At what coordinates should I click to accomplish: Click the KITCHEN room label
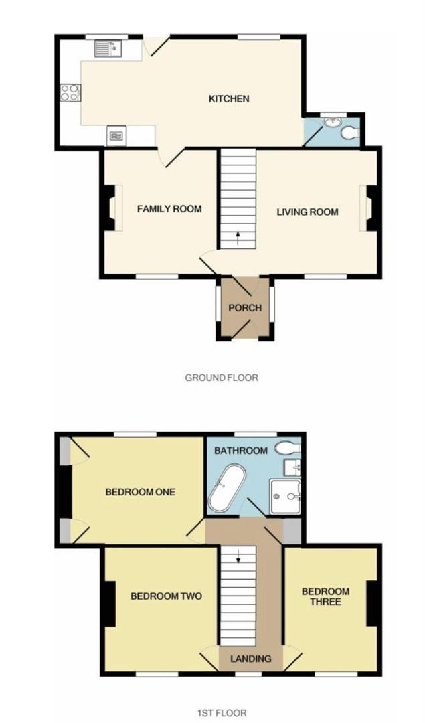click(x=229, y=99)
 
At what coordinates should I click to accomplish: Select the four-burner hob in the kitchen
click(x=70, y=92)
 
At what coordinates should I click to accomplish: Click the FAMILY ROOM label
click(x=169, y=209)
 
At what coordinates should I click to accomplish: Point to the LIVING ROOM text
click(x=308, y=212)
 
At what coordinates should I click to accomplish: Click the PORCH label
click(x=244, y=308)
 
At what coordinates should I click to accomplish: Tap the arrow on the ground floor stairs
click(x=238, y=237)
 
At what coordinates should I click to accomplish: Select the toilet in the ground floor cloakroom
click(x=349, y=133)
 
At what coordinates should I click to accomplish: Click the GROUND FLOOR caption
click(x=222, y=378)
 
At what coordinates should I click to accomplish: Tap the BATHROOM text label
click(x=241, y=451)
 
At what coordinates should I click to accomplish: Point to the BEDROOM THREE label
click(x=325, y=596)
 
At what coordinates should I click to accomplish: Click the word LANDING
click(x=251, y=659)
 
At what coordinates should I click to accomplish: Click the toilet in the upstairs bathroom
click(x=290, y=447)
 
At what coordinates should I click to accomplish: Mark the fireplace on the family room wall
click(x=109, y=209)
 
